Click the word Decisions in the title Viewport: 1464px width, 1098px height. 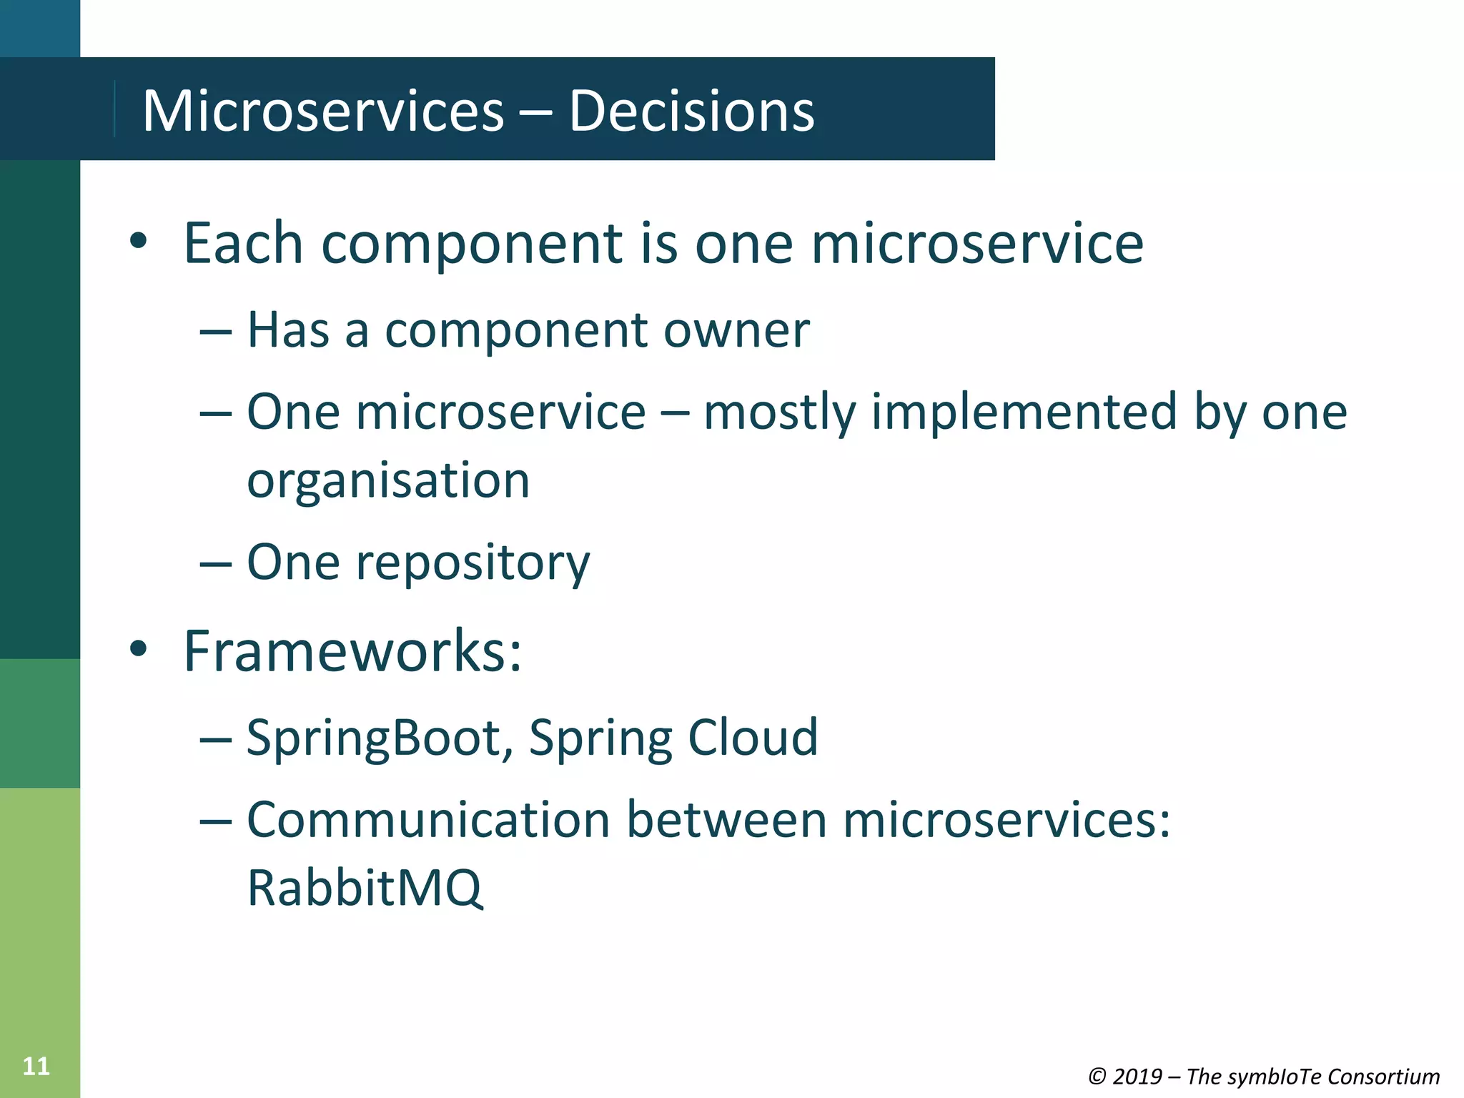(x=691, y=112)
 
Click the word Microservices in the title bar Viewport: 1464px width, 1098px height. (x=323, y=112)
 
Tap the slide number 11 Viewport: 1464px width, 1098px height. (x=36, y=1067)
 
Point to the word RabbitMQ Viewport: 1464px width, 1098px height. (x=365, y=888)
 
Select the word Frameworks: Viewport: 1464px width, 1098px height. (x=352, y=651)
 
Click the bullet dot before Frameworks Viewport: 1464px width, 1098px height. (x=139, y=649)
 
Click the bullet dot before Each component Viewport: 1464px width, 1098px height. (x=139, y=242)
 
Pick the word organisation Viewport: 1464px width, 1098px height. (x=388, y=480)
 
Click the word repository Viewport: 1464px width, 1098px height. (x=473, y=563)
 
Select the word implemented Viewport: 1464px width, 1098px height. (x=1024, y=412)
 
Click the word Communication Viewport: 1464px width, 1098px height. (x=427, y=820)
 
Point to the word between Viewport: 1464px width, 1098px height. (x=726, y=820)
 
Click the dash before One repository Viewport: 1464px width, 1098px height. (x=215, y=563)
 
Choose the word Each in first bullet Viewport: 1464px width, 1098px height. (x=243, y=243)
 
